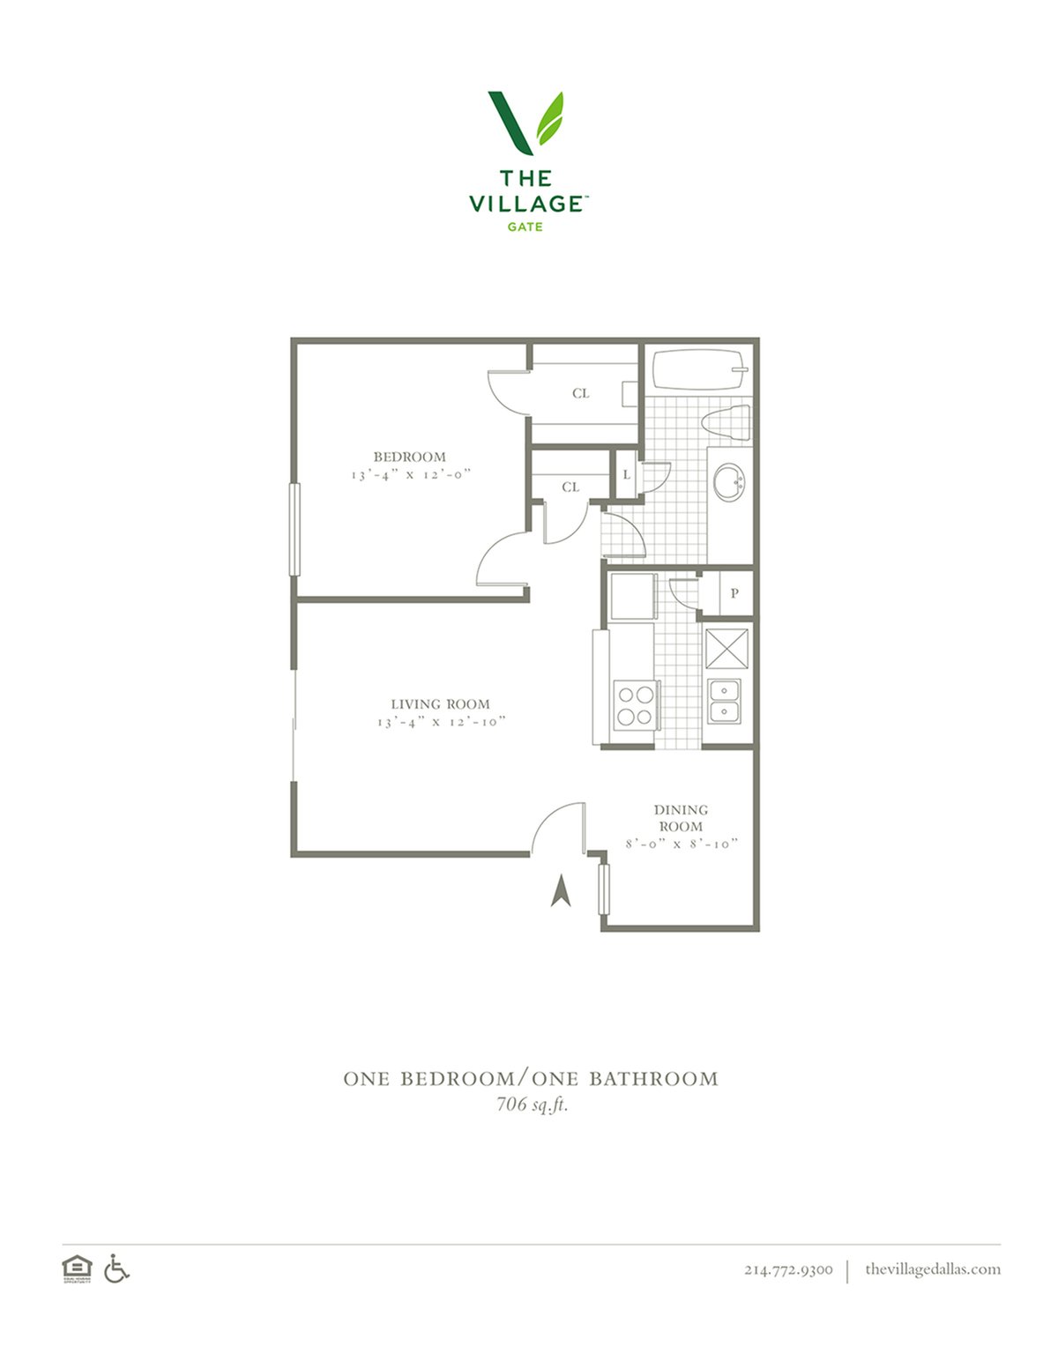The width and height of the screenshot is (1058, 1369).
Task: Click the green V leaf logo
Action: [x=526, y=121]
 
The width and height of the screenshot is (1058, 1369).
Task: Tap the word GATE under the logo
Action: [x=525, y=227]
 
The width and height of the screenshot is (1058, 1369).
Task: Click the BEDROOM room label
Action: [x=409, y=457]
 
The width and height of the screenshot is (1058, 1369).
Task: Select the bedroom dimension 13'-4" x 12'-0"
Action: [x=411, y=474]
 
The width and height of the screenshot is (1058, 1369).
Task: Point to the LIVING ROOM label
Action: [x=440, y=703]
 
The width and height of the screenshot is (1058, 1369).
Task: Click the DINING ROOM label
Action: [x=680, y=818]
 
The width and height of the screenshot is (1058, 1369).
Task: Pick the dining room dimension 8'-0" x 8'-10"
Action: [x=681, y=844]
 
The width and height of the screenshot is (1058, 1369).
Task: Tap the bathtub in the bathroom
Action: [x=697, y=371]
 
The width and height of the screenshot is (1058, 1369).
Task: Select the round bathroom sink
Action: [x=729, y=481]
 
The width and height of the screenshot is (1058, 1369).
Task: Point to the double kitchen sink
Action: [x=725, y=701]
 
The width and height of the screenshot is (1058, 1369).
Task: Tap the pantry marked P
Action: [x=734, y=593]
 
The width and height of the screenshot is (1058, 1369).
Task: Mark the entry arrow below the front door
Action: [x=561, y=891]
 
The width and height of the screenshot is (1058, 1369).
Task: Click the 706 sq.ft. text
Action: [x=532, y=1104]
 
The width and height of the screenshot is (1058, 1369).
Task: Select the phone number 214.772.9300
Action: [x=788, y=1269]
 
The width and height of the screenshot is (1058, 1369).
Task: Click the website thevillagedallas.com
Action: [x=932, y=1269]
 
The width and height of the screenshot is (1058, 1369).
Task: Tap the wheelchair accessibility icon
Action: [x=116, y=1269]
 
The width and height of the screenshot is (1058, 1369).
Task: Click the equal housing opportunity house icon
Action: [x=77, y=1269]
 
